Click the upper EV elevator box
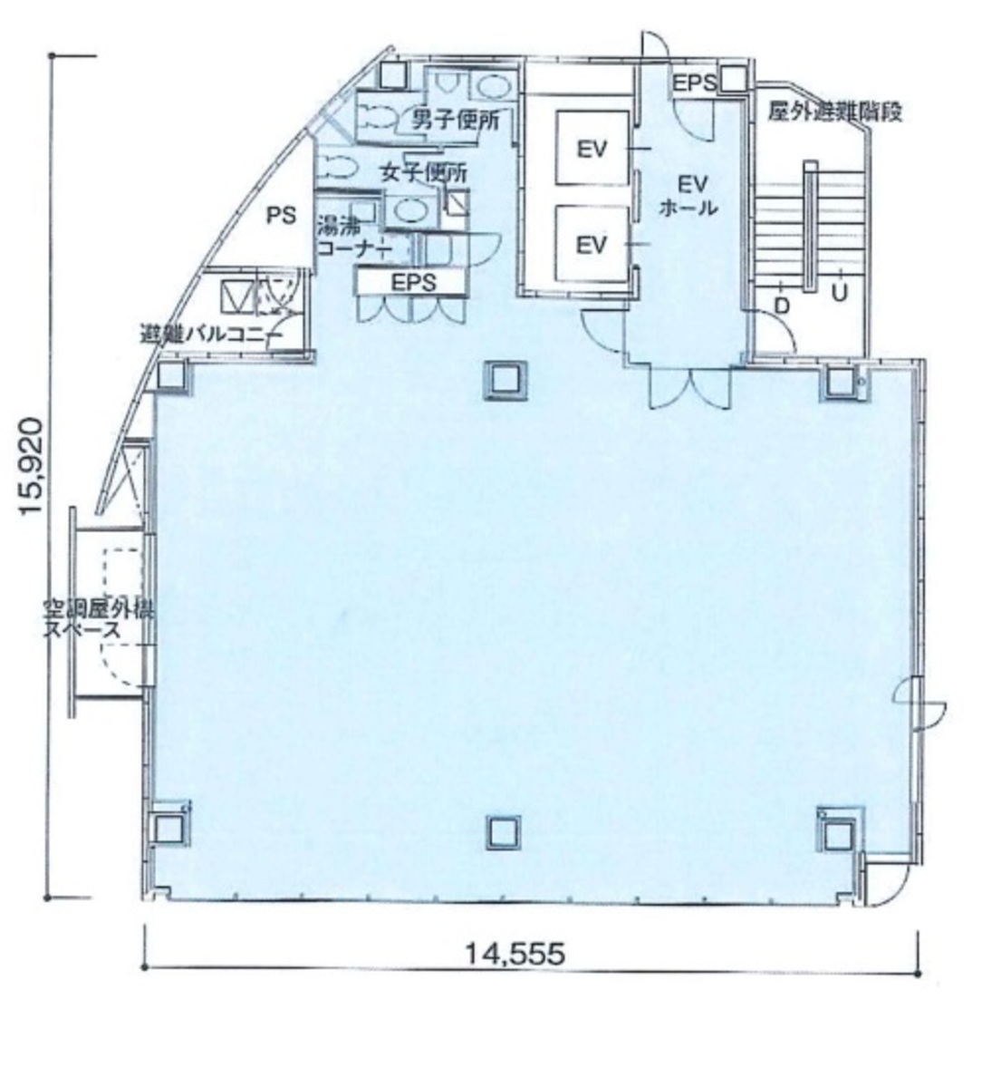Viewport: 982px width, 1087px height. pyautogui.click(x=592, y=148)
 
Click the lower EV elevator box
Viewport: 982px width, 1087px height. pyautogui.click(x=592, y=244)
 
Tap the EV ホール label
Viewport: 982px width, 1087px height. pyautogui.click(x=691, y=195)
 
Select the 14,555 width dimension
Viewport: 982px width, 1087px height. pyautogui.click(x=515, y=953)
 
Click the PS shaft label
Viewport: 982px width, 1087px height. pyautogui.click(x=281, y=216)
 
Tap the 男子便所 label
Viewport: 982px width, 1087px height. pyautogui.click(x=456, y=120)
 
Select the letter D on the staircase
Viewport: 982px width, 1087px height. pyautogui.click(x=782, y=306)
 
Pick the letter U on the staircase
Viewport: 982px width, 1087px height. pyautogui.click(x=840, y=293)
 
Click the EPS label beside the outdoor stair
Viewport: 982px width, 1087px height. pyautogui.click(x=694, y=82)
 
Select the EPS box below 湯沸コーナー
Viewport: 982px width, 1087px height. pyautogui.click(x=413, y=282)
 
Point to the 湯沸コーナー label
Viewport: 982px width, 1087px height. pyautogui.click(x=351, y=235)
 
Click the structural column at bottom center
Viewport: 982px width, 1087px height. pyautogui.click(x=501, y=832)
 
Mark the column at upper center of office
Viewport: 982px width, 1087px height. pyautogui.click(x=501, y=378)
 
